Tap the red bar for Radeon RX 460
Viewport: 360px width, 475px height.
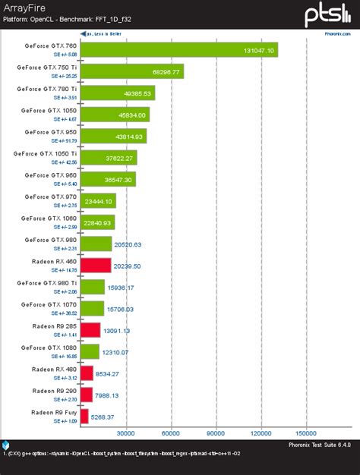click(95, 265)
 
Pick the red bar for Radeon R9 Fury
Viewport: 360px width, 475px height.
click(84, 417)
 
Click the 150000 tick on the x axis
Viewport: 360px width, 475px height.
click(305, 433)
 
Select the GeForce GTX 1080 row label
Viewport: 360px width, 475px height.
click(49, 348)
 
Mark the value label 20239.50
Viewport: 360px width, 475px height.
click(126, 266)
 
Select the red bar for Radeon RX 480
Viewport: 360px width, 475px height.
click(86, 373)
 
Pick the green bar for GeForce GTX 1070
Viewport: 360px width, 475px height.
click(92, 308)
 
